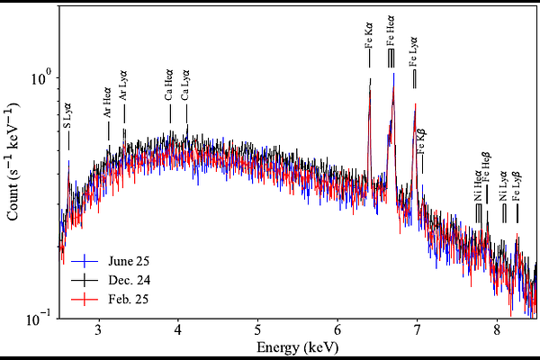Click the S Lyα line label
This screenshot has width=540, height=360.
coord(68,115)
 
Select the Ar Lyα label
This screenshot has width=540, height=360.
coord(123,87)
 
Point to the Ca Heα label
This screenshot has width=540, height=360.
coord(169,87)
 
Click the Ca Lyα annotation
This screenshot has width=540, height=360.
coord(186,87)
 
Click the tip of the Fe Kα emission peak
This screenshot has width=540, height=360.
coord(370,79)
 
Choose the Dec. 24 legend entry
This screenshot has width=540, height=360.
coord(112,279)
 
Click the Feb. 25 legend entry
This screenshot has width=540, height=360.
coord(112,298)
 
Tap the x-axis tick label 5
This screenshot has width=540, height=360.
coord(257,329)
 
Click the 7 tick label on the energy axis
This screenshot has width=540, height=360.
coord(417,329)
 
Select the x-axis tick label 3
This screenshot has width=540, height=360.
coord(98,329)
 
